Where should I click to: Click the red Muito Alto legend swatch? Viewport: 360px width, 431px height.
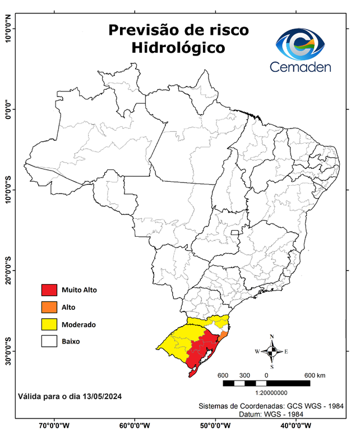click(x=49, y=290)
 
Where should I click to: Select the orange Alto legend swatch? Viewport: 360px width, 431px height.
click(x=49, y=307)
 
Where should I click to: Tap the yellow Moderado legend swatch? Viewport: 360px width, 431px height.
click(x=49, y=324)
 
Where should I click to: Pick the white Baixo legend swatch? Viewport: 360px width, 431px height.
click(x=49, y=341)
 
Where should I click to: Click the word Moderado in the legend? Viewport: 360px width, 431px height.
click(x=79, y=324)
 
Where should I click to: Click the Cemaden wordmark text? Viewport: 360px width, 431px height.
click(x=301, y=67)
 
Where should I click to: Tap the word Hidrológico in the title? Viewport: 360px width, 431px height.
click(x=178, y=48)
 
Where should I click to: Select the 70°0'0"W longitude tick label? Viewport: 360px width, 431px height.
click(x=54, y=425)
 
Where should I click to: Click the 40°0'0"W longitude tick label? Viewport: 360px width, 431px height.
click(x=298, y=425)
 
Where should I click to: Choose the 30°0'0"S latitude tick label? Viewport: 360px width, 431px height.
click(x=8, y=351)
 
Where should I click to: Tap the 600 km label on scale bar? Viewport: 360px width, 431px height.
click(x=315, y=375)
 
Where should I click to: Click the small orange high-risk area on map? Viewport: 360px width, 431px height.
click(x=223, y=335)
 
